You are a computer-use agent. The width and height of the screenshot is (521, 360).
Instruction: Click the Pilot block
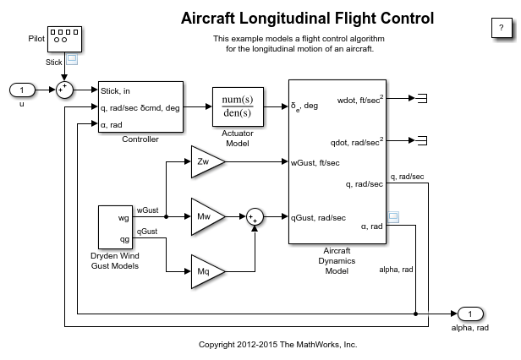(x=64, y=38)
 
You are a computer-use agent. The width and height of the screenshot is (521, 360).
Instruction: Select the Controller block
(x=140, y=107)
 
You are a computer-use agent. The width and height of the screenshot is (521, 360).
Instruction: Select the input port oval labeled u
(x=22, y=90)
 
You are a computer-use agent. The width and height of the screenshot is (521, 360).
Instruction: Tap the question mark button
(x=496, y=27)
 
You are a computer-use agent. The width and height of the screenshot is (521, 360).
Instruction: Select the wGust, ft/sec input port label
(x=317, y=162)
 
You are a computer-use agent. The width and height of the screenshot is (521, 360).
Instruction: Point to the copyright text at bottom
(x=277, y=345)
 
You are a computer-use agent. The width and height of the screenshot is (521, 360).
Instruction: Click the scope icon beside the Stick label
(x=72, y=60)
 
